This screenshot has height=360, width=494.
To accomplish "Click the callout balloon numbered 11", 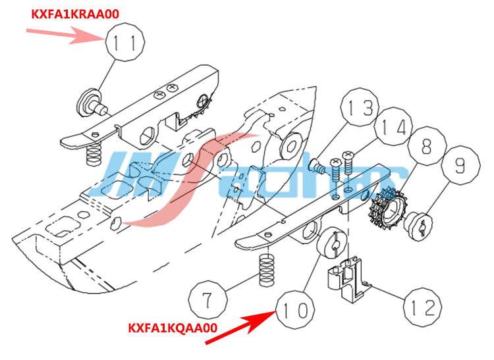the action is [125, 42].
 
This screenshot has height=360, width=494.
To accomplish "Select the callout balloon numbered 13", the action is [360, 107].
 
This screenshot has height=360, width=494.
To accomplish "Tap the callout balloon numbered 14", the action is [393, 126].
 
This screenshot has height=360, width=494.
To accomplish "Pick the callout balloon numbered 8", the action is [427, 145].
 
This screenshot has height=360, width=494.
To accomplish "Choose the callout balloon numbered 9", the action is [461, 165].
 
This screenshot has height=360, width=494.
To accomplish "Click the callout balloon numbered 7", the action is [208, 299].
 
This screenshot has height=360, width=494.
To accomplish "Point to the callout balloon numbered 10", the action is [295, 309].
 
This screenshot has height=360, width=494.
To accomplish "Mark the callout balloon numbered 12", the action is [422, 307].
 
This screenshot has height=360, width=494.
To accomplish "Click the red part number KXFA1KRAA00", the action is [75, 14].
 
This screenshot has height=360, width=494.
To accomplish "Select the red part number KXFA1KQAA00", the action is [173, 328].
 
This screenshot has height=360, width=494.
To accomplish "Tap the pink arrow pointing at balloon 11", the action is [65, 35].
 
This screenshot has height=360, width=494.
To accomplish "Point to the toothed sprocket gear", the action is [388, 209].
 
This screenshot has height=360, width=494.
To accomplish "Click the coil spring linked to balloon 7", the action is [267, 270].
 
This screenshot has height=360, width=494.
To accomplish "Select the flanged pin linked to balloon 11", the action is [91, 103].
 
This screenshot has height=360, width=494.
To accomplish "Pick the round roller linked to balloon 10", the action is [331, 243].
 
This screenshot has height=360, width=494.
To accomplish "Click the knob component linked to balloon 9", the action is [418, 226].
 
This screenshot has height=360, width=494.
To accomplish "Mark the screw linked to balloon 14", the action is [348, 163].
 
